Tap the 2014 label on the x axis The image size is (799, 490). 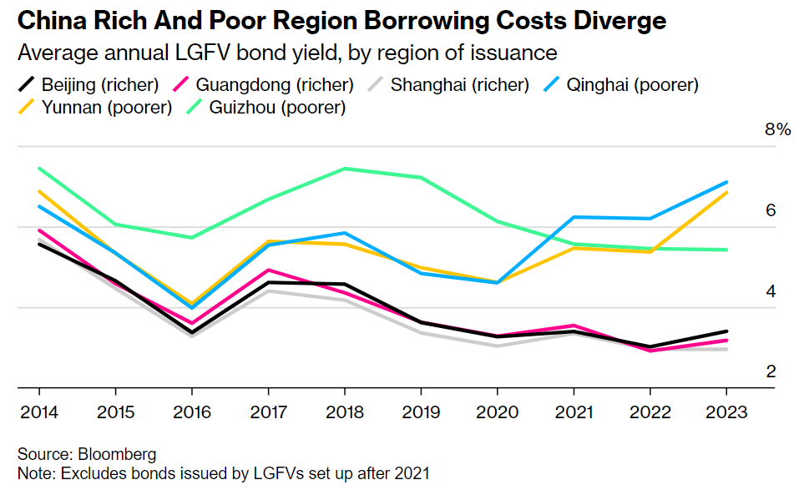point(38,412)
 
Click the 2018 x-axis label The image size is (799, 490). point(344,412)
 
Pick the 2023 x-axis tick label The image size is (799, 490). point(726,412)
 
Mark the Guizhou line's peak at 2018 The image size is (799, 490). point(344,169)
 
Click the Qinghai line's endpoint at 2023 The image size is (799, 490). point(726,182)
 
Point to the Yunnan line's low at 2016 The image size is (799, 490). point(192,304)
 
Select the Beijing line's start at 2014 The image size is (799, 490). point(39,244)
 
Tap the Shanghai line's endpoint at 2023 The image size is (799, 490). point(726,349)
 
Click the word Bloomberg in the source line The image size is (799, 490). point(117,455)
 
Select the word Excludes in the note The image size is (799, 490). point(82,473)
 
